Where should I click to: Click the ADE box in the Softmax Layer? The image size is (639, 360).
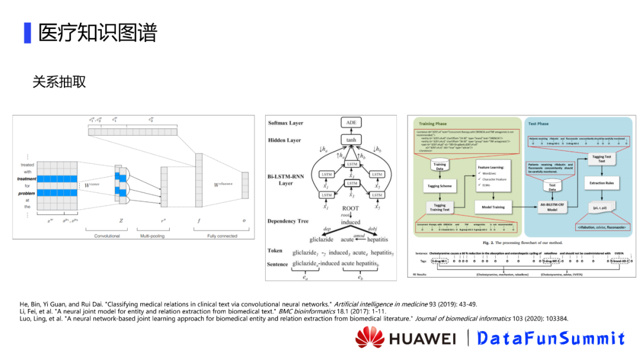tap(351, 123)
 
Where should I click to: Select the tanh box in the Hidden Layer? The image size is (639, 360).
tap(351, 140)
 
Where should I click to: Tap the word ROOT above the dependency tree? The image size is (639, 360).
tap(350, 208)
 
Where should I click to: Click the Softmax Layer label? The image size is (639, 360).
tap(286, 123)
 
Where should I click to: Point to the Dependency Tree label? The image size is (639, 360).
tap(288, 221)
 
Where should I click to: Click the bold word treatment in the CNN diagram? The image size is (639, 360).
tap(27, 178)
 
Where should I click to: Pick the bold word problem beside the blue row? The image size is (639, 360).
tap(27, 193)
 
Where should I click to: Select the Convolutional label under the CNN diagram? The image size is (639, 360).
tap(106, 236)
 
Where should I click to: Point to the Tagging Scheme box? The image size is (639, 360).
tap(440, 186)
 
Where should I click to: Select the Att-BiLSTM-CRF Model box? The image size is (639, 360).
tap(552, 207)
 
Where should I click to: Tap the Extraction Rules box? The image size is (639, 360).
tap(602, 183)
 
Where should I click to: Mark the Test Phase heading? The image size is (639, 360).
tap(538, 124)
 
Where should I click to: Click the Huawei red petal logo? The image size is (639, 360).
tap(370, 337)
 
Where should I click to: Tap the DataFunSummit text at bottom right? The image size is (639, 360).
tap(551, 338)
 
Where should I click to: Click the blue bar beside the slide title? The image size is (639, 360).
tap(27, 33)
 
